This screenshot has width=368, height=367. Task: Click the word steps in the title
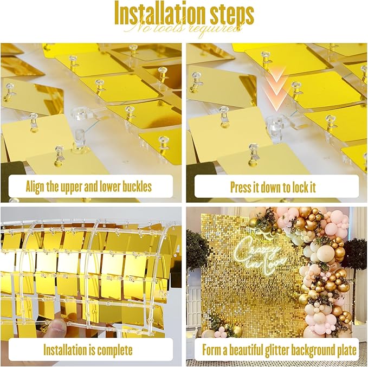230,15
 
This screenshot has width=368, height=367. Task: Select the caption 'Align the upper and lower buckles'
88,187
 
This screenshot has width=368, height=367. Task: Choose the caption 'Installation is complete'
88,350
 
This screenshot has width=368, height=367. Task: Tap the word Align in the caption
36,187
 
